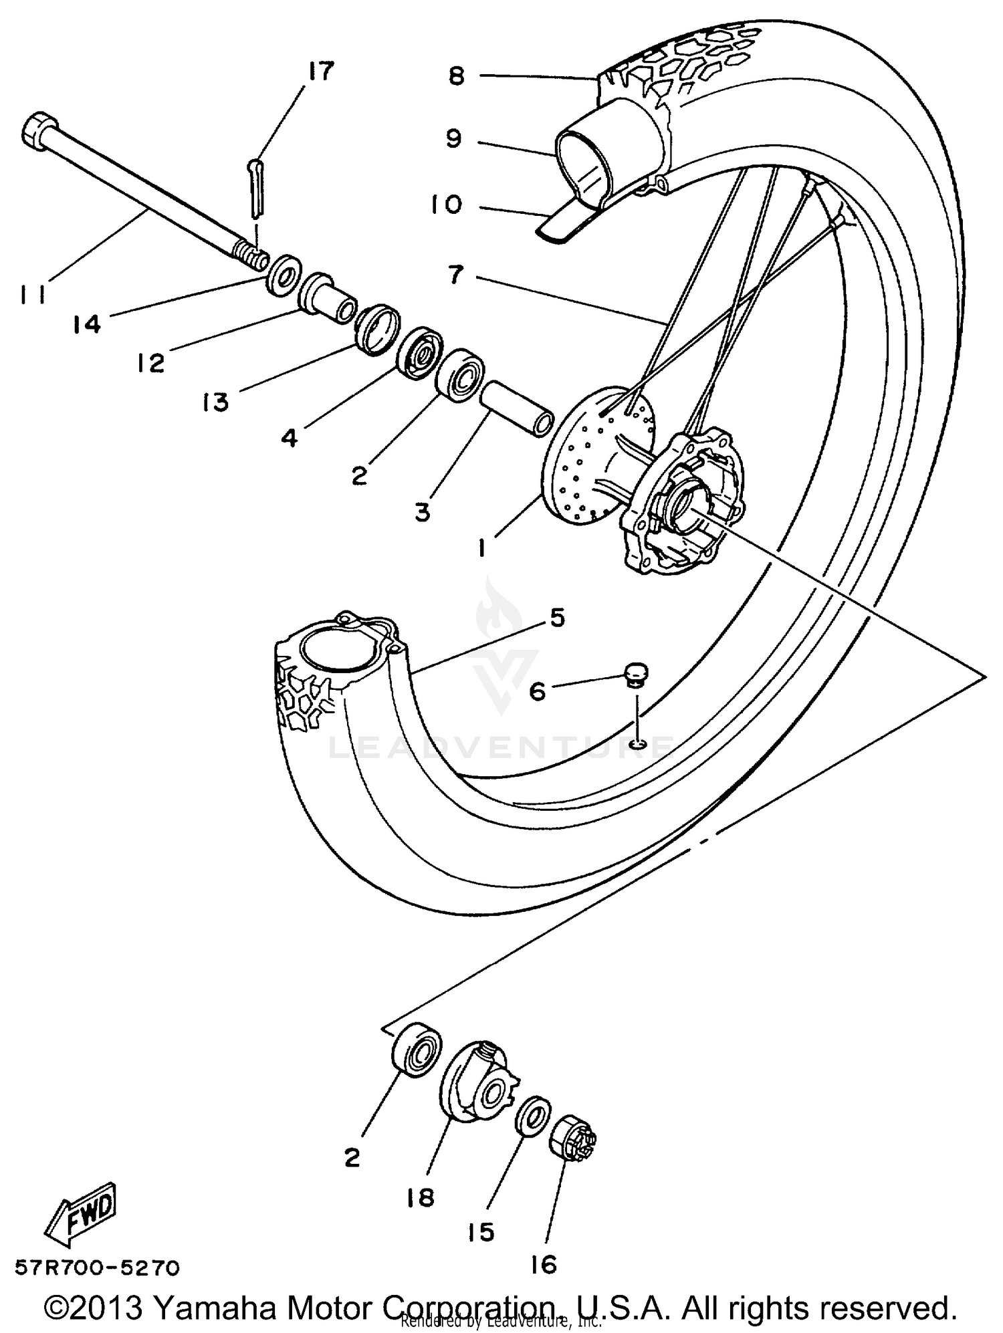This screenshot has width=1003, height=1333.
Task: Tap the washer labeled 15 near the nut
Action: tap(533, 1115)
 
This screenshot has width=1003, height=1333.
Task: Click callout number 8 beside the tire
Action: tap(456, 76)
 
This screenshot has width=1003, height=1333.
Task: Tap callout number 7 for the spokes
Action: tap(456, 274)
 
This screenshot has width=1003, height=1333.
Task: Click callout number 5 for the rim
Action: tap(557, 617)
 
